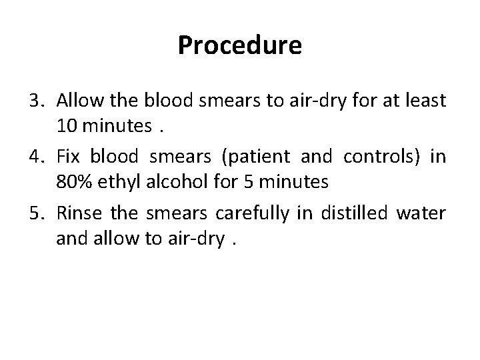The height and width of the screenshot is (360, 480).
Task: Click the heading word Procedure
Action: click(240, 45)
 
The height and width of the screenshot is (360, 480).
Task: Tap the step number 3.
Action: click(37, 101)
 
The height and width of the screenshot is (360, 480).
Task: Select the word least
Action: click(424, 101)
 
